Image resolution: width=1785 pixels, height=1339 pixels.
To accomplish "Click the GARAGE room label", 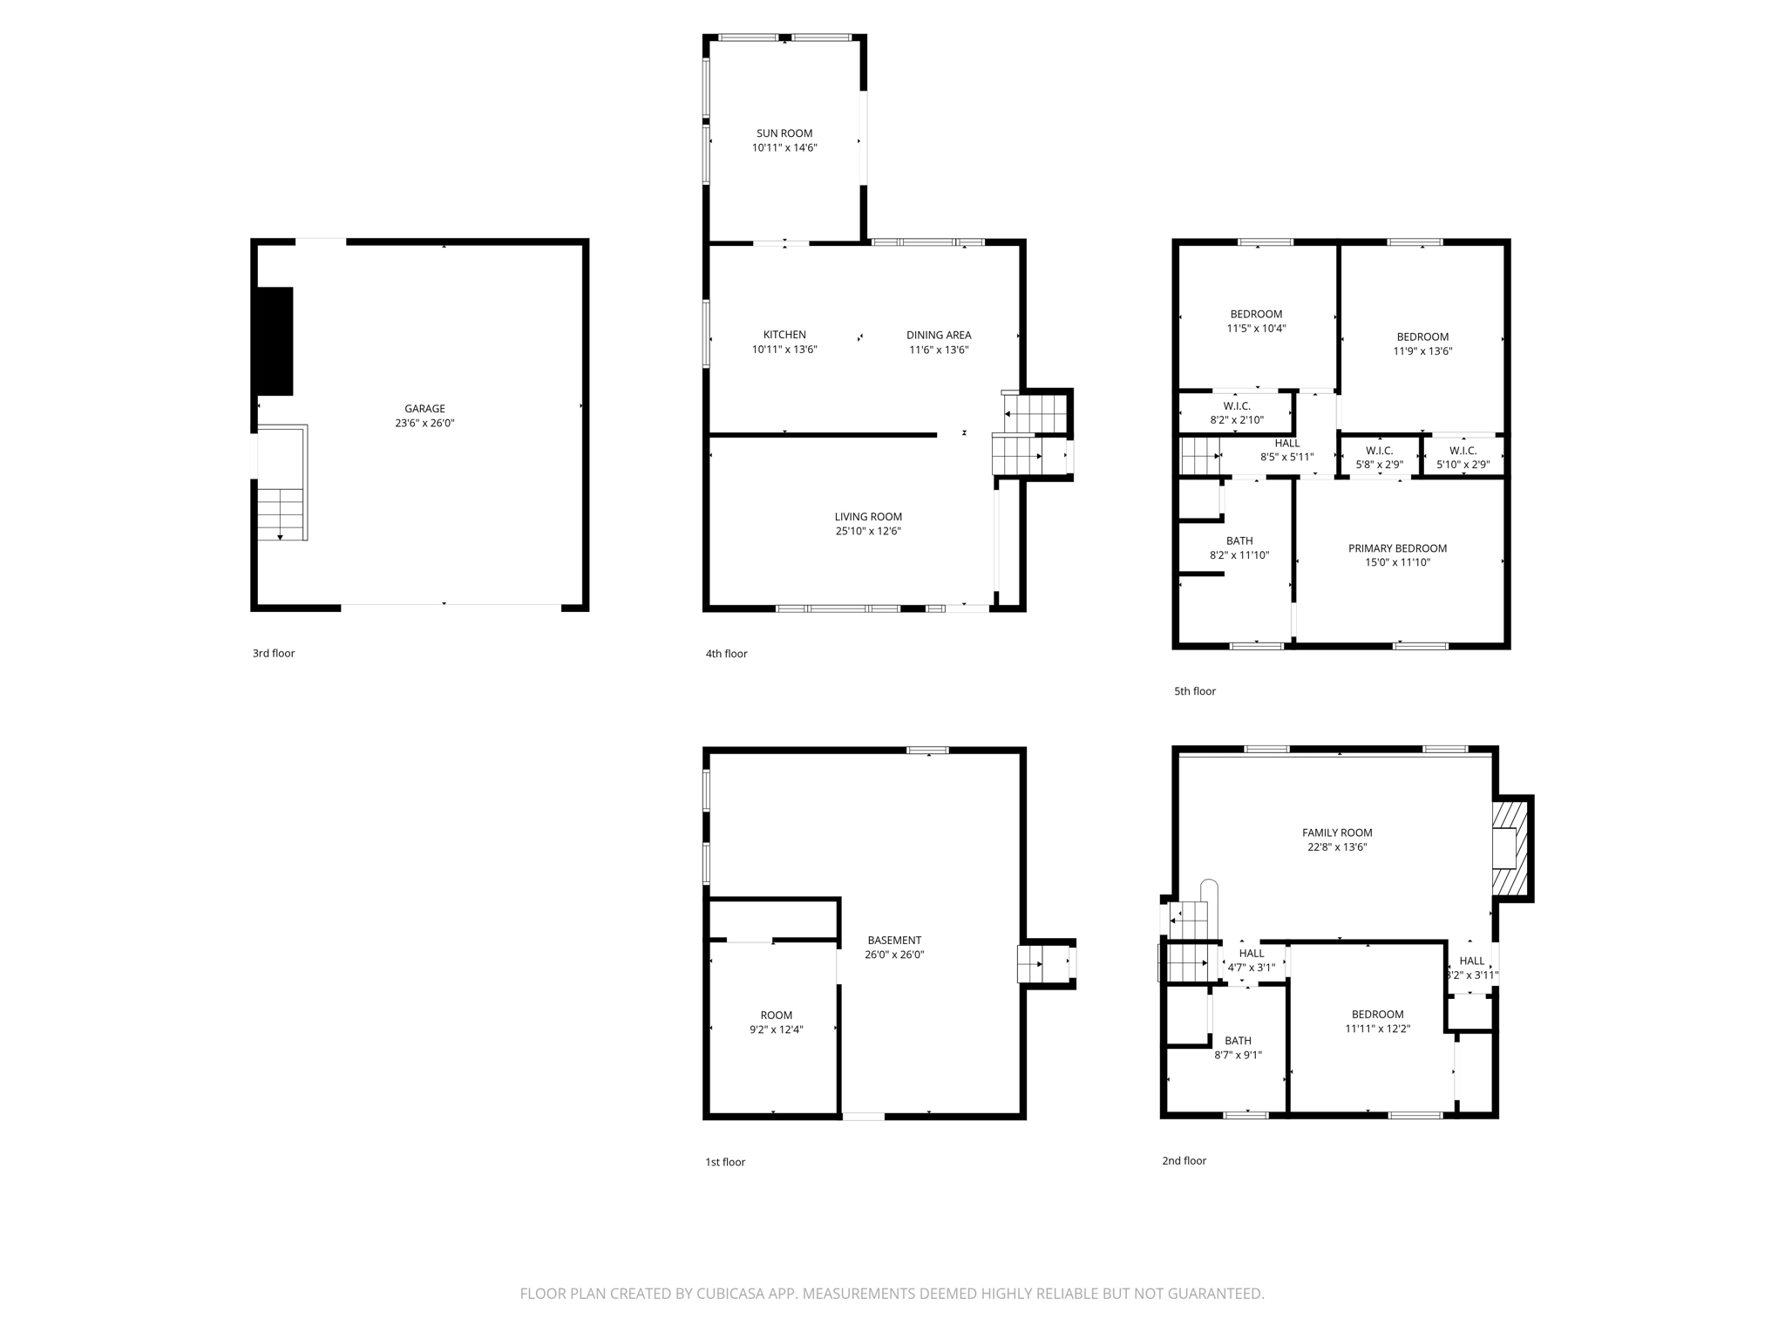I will (424, 409).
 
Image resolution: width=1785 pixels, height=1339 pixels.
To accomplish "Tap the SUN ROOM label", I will (784, 133).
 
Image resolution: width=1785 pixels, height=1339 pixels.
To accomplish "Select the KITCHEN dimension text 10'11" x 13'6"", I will (784, 350).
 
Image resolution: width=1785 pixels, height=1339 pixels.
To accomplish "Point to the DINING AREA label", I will (939, 335).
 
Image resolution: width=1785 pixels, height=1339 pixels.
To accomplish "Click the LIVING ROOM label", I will (868, 517).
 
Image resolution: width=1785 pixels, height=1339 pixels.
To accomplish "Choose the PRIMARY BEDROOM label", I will (1397, 548).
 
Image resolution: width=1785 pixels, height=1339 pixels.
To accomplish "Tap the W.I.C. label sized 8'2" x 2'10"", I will (1236, 406).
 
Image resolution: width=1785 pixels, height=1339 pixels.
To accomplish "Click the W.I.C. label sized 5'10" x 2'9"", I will (1463, 451).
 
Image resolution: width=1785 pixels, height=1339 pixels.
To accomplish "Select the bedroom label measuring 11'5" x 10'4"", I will (1256, 314).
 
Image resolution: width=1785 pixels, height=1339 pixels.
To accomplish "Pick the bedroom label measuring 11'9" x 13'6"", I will (1422, 336).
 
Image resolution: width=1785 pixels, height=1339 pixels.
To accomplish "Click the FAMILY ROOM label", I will (1337, 833).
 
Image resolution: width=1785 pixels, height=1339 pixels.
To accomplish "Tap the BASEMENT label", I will (894, 940).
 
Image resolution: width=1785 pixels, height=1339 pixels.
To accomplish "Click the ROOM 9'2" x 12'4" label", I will (776, 1015).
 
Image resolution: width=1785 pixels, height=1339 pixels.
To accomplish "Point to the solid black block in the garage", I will (274, 341).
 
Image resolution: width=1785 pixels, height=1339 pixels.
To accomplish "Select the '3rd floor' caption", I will (274, 653).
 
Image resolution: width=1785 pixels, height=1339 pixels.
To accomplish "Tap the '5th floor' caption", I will (1194, 691).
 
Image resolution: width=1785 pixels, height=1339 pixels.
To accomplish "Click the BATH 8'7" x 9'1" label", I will (1238, 1040).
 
